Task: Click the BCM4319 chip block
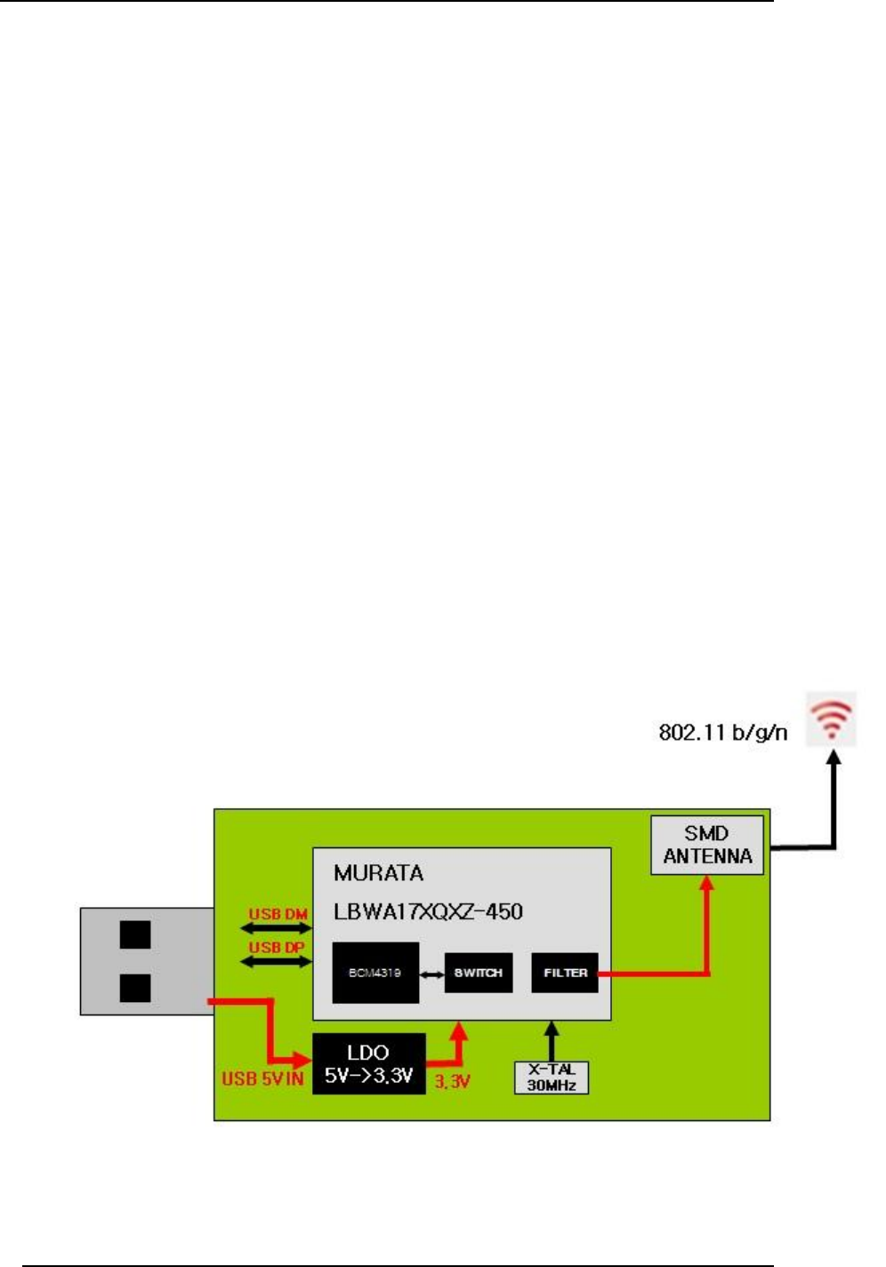coord(375,973)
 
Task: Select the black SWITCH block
coord(479,973)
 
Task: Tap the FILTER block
coord(565,973)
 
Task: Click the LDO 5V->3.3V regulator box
coord(368,1064)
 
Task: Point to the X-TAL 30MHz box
coord(552,1078)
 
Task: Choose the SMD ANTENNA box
coord(707,845)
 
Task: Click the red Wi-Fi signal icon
coord(832,718)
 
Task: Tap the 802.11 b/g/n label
coord(722,733)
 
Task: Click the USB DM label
coord(278,914)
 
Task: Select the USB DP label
coord(276,947)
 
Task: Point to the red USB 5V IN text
coord(262,1079)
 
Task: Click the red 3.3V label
coord(452,1082)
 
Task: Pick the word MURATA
coord(378,873)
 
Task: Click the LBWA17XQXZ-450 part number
coord(428,911)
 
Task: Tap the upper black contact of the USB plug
coord(135,934)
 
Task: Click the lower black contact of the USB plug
coord(135,988)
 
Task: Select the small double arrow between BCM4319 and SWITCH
coord(431,974)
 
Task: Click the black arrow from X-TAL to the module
coord(552,1040)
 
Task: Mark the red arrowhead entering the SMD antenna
coord(707,883)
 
